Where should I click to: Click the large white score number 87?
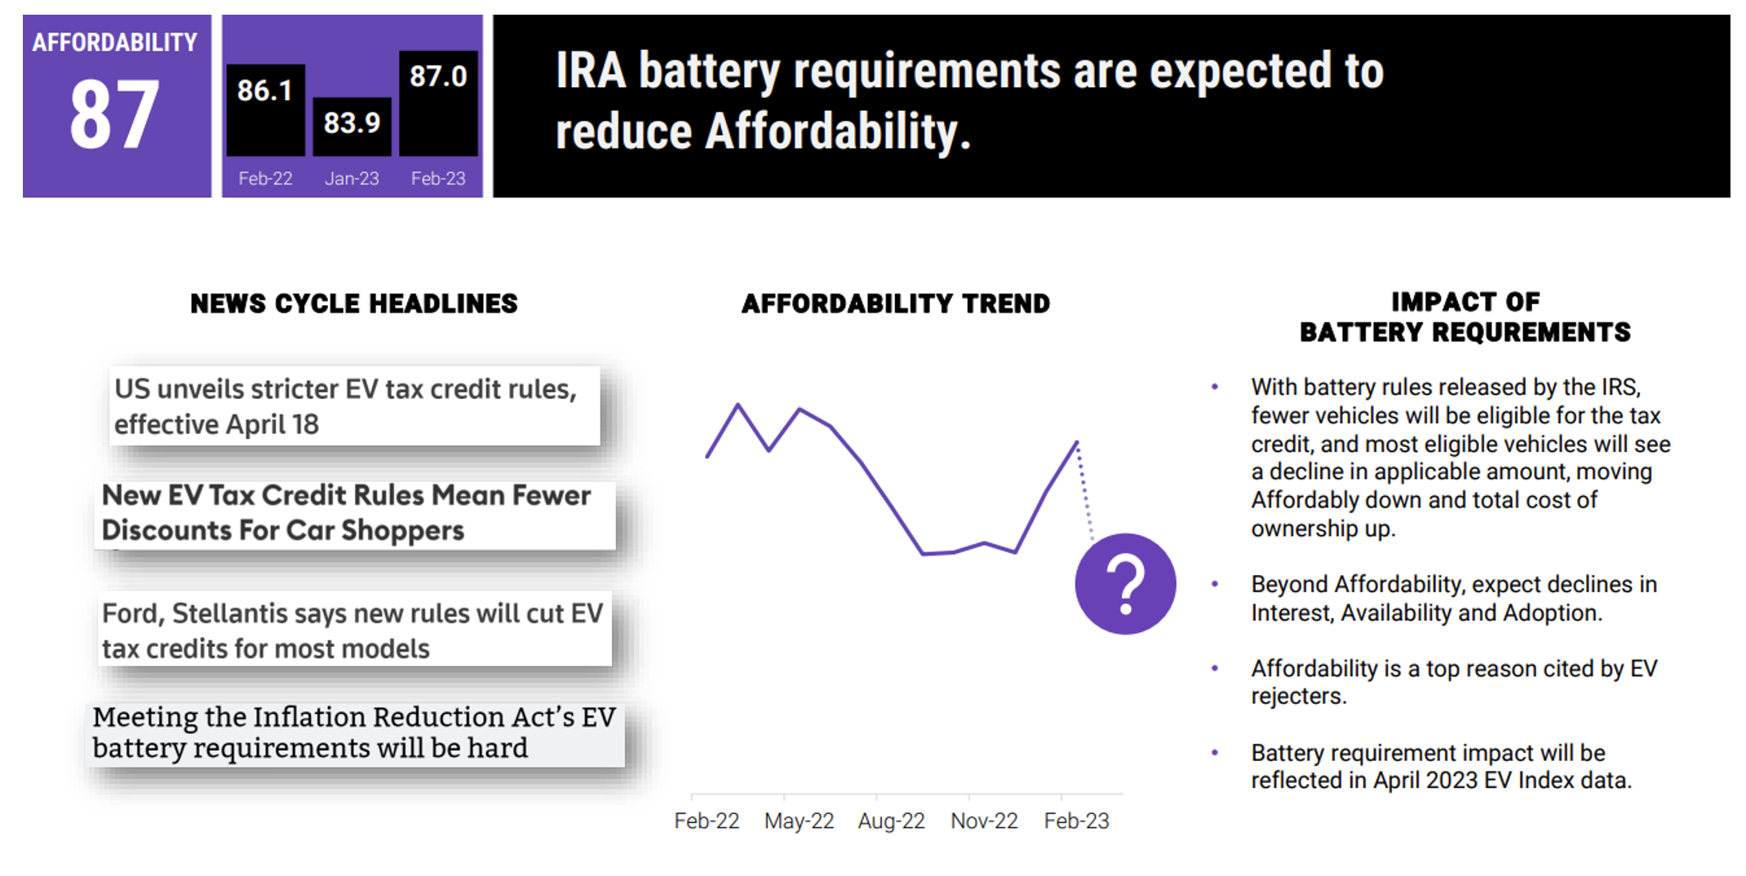pos(114,115)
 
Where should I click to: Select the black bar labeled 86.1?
pos(265,110)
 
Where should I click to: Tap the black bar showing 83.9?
pos(352,126)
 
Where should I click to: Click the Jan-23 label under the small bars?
pos(352,179)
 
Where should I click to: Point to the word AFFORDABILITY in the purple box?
pos(114,42)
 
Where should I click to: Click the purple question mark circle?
pos(1125,584)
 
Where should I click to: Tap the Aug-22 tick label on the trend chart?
pos(891,821)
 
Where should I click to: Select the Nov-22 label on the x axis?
pos(984,821)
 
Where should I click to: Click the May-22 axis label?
pos(799,821)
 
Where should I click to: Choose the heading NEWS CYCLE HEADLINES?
pos(354,303)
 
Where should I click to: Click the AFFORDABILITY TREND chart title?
pos(896,303)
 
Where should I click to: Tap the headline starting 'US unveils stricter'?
pos(346,406)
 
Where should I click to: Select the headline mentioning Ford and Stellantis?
pos(352,630)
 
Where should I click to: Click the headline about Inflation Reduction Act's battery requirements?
pos(354,732)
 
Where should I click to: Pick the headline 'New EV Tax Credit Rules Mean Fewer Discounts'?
pos(346,512)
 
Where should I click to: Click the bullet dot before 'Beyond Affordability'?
pos(1215,584)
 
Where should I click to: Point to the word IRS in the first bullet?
pos(1620,387)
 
